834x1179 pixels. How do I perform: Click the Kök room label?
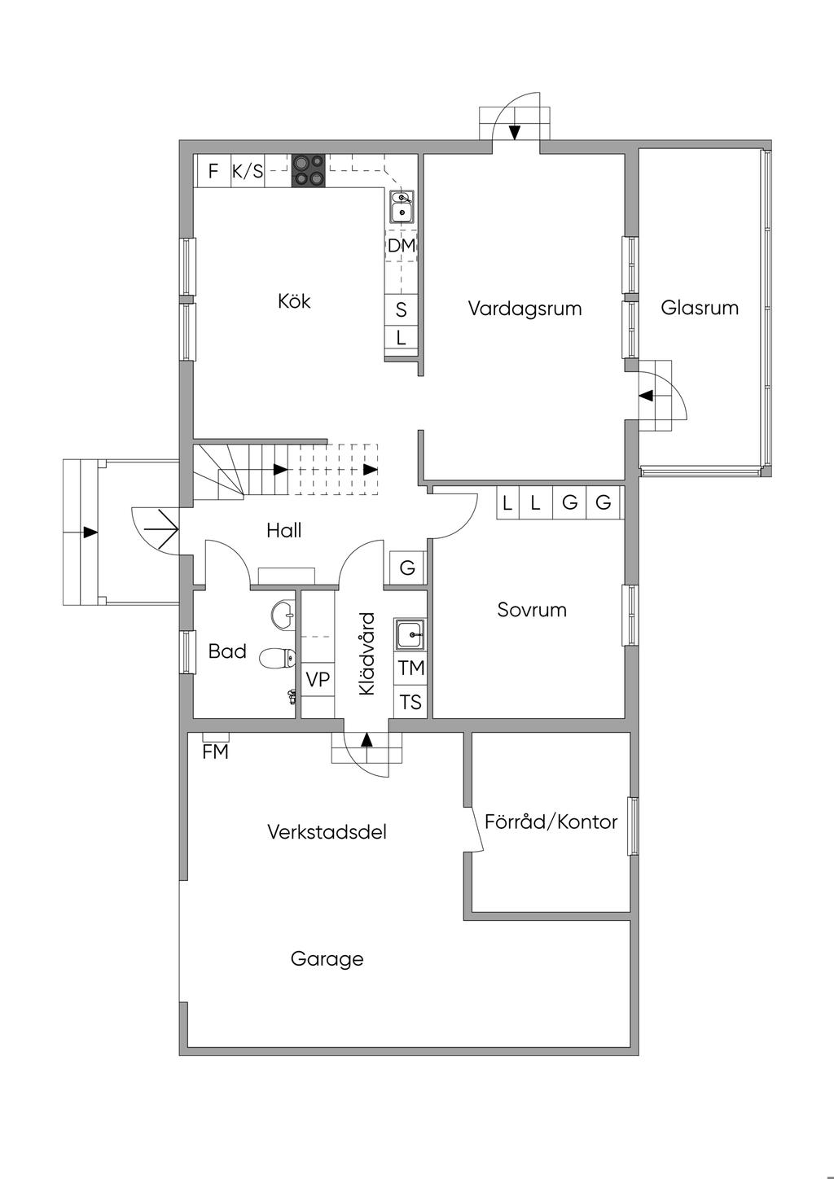(294, 301)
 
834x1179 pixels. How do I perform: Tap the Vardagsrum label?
(525, 309)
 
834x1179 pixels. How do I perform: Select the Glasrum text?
(700, 308)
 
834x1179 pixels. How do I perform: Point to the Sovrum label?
(532, 610)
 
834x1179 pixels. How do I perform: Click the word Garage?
(327, 959)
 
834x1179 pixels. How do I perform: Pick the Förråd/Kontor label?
(551, 822)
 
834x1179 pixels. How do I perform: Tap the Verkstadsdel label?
(327, 832)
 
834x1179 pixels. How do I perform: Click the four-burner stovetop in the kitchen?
(309, 170)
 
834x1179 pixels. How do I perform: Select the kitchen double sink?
(402, 206)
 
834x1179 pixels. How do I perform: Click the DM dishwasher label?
(402, 246)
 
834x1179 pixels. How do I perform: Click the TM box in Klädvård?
(410, 668)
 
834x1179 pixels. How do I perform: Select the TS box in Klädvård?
(410, 702)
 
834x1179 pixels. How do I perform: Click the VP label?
(318, 680)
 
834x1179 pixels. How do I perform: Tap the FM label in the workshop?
(215, 752)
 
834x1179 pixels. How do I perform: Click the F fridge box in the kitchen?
(213, 171)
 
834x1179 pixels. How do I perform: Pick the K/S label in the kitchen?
(248, 171)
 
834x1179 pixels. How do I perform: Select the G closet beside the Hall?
(407, 568)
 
